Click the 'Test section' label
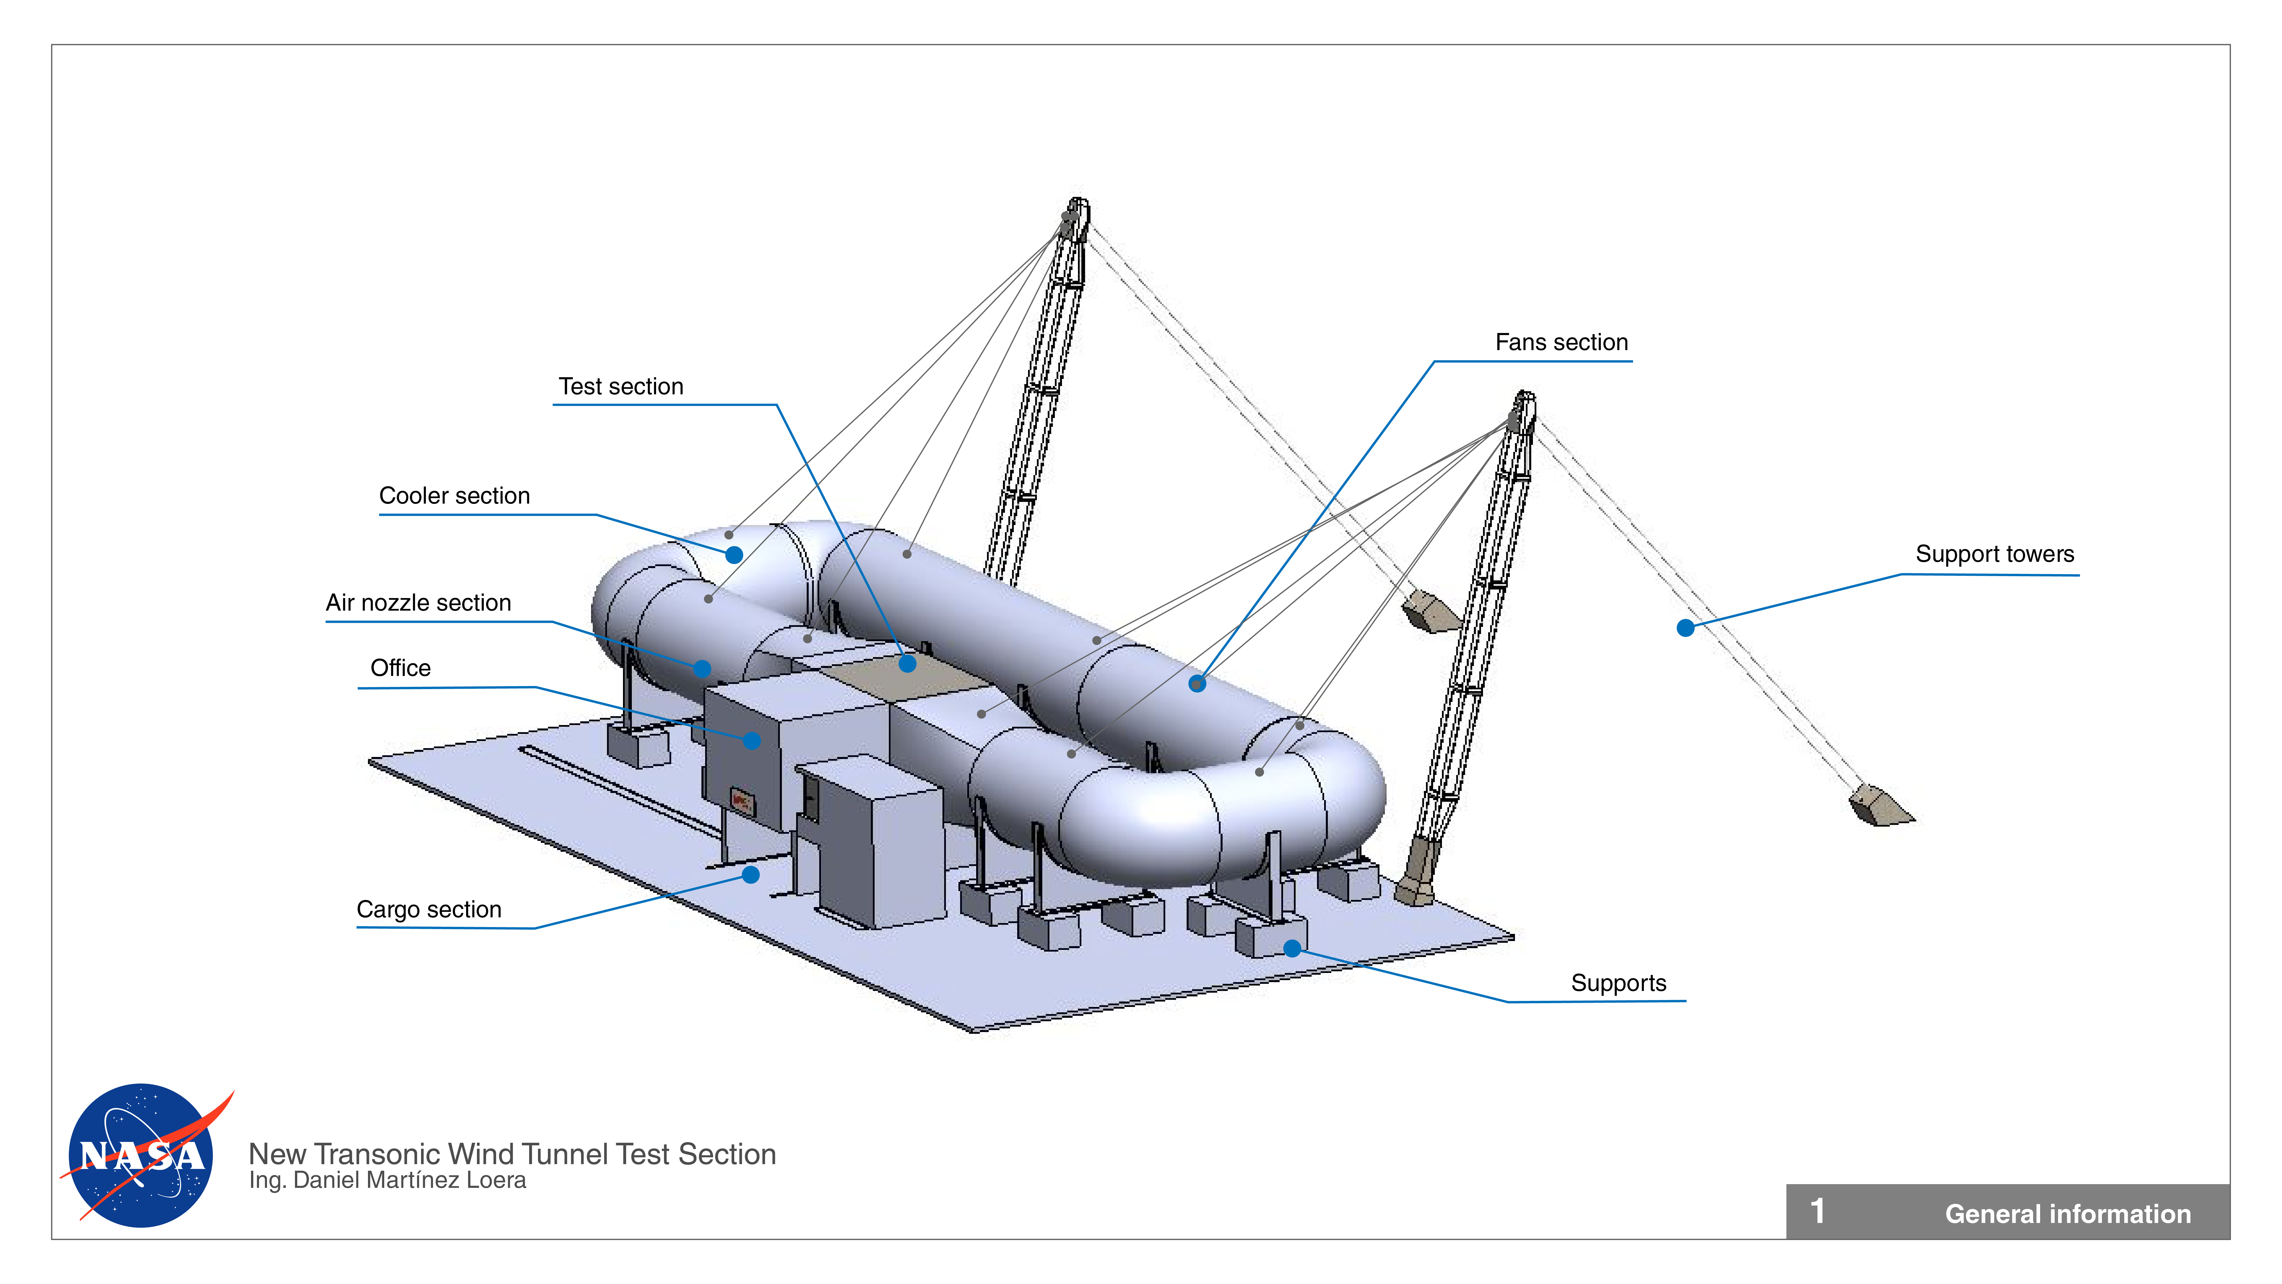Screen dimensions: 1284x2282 pos(621,387)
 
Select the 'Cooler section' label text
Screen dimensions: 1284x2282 pos(454,496)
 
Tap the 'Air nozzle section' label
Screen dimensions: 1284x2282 pos(418,603)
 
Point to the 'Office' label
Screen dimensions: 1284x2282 pos(400,668)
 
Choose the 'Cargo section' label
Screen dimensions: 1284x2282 pos(429,910)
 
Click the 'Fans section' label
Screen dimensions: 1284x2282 pos(1561,343)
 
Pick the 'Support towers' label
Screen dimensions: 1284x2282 pos(1994,555)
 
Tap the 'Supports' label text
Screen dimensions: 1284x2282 pos(1618,984)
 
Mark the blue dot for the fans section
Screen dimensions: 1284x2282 pos(1197,683)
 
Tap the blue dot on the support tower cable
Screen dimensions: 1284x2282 pos(1685,628)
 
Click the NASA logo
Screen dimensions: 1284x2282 pos(142,1156)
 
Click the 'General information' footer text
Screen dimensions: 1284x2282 pos(2067,1214)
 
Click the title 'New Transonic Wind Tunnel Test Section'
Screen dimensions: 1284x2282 pos(512,1154)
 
